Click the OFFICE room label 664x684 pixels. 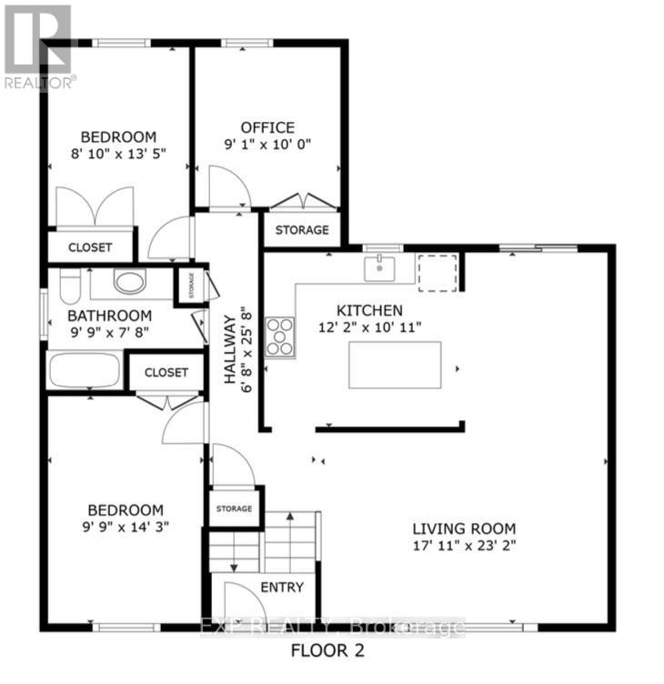[267, 127]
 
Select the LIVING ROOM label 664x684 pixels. [464, 528]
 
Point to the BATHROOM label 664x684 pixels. [102, 317]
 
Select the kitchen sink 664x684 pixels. [376, 267]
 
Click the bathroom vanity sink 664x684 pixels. [130, 282]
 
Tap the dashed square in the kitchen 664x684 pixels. [438, 272]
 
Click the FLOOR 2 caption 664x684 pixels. [329, 650]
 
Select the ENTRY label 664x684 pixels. [281, 588]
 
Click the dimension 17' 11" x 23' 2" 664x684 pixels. [464, 547]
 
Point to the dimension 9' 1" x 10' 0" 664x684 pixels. [267, 145]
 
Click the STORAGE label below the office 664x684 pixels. [301, 230]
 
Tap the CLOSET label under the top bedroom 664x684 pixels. [90, 247]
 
